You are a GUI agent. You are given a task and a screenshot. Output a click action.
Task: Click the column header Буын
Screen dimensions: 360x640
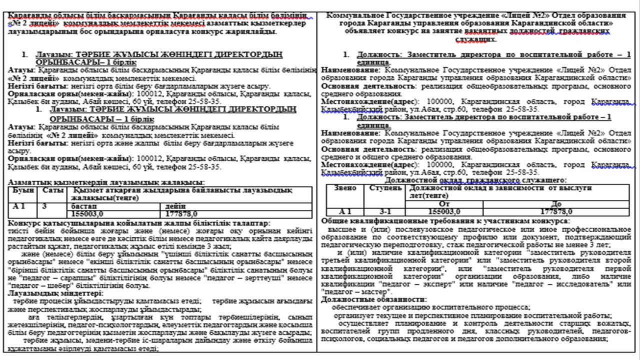tap(22, 190)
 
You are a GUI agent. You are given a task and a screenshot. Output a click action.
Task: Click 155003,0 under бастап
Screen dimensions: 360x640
tap(90, 213)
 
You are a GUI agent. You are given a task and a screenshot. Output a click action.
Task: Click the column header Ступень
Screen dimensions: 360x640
tap(385, 188)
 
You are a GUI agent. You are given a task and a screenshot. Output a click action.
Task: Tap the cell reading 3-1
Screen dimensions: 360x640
tap(385, 211)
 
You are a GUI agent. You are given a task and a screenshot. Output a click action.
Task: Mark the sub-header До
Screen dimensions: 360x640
tap(555, 204)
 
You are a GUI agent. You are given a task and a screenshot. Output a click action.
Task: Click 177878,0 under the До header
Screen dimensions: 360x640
tap(555, 211)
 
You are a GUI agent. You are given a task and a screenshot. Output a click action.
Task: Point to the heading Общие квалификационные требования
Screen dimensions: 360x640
tap(445, 220)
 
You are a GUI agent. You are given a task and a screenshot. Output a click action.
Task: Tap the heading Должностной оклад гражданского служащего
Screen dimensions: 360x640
tap(475, 180)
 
